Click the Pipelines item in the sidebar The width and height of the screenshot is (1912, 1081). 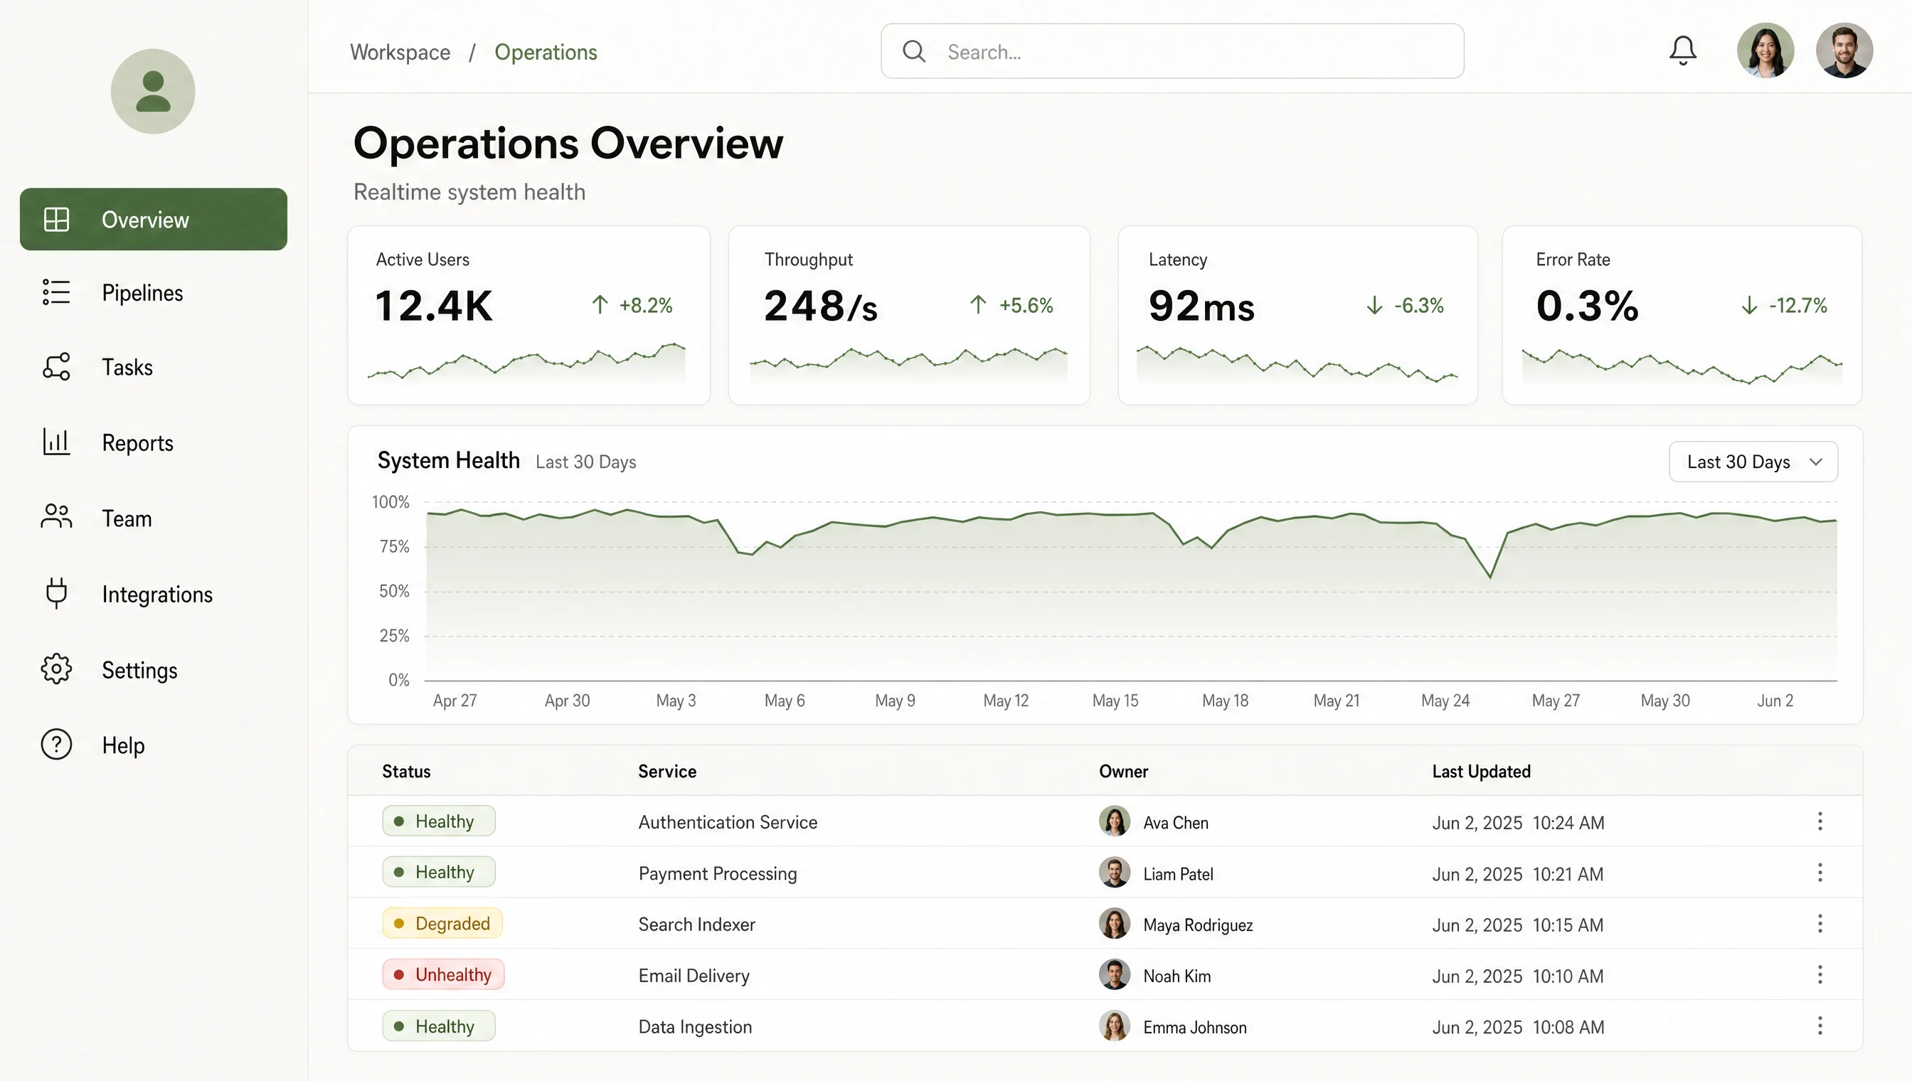[142, 292]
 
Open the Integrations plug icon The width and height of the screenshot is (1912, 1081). [56, 593]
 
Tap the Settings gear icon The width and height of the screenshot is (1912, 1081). [56, 669]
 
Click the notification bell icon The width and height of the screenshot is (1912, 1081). [1682, 50]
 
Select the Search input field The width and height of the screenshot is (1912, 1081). [1172, 51]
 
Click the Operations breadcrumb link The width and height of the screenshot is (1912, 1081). [546, 52]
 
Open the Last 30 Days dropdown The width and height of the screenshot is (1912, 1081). [1753, 462]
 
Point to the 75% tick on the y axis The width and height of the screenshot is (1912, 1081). [394, 546]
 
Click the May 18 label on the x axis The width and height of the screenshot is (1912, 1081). [1225, 700]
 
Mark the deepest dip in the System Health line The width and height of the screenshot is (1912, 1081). [1489, 577]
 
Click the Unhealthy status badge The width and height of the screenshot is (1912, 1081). [443, 974]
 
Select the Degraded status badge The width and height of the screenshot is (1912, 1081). [442, 923]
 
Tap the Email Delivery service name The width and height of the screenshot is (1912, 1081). [694, 976]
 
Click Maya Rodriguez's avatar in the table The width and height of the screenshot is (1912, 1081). [1114, 924]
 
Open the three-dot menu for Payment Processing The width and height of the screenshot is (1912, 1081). [1820, 873]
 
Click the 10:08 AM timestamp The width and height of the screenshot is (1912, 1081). [1568, 1027]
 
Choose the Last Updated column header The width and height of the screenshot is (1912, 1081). [1482, 772]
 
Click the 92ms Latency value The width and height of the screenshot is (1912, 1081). [1201, 306]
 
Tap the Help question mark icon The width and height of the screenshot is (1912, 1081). [56, 744]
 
